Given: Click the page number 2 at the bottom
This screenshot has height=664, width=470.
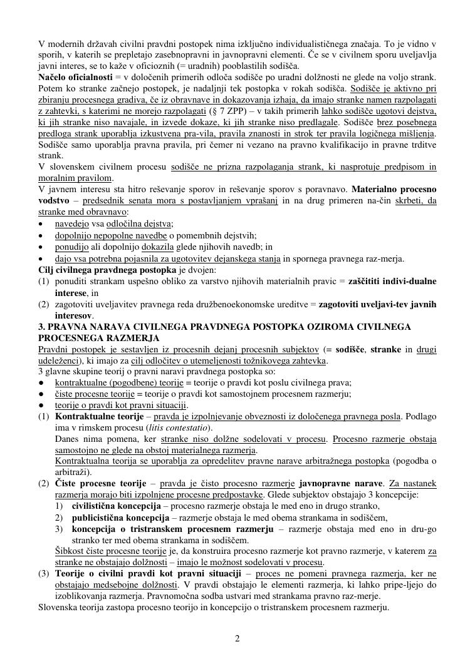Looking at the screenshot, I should pos(237,638).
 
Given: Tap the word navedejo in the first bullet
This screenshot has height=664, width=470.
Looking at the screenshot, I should pos(71,223).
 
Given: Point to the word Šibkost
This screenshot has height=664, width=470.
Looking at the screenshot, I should pos(70,551).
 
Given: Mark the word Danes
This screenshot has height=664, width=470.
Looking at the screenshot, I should pos(66,439).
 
